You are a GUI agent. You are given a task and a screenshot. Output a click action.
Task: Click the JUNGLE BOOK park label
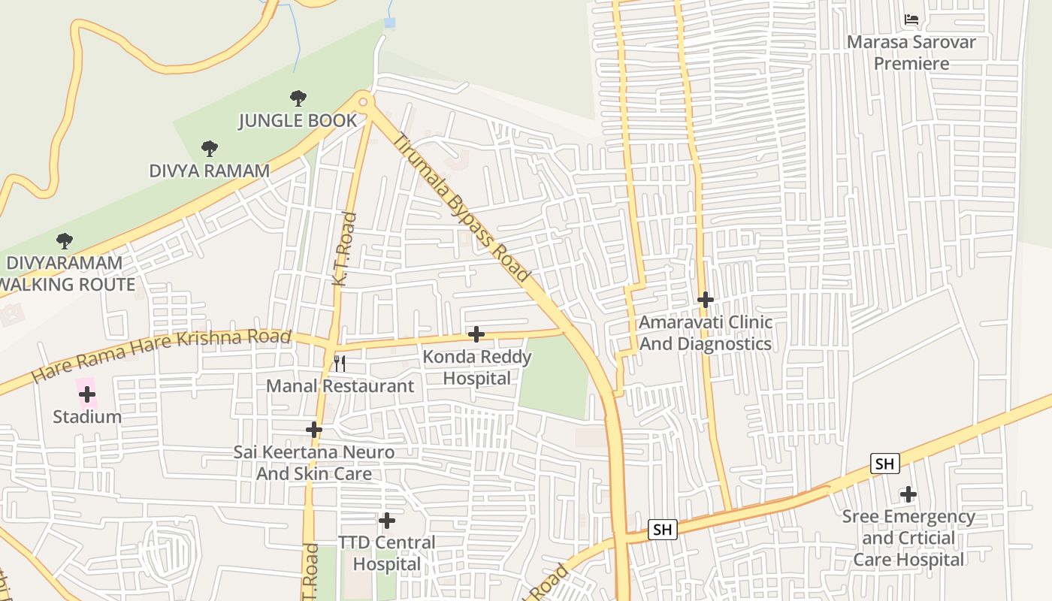pyautogui.click(x=298, y=121)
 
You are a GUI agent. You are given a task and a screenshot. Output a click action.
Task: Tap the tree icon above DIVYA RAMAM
pyautogui.click(x=209, y=149)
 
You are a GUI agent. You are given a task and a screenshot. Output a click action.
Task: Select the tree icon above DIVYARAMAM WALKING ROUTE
pyautogui.click(x=65, y=241)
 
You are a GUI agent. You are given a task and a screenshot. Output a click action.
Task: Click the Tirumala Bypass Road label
pyautogui.click(x=461, y=208)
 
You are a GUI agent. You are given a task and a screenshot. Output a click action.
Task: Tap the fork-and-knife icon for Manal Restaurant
pyautogui.click(x=340, y=364)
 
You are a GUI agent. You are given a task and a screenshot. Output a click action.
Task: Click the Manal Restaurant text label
pyautogui.click(x=340, y=386)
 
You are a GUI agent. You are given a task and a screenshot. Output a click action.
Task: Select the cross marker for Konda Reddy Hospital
pyautogui.click(x=476, y=334)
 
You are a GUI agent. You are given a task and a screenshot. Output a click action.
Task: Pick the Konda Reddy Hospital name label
pyautogui.click(x=477, y=367)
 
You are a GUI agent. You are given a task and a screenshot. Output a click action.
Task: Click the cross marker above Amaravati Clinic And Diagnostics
pyautogui.click(x=705, y=300)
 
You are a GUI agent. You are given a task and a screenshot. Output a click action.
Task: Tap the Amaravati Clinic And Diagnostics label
pyautogui.click(x=705, y=333)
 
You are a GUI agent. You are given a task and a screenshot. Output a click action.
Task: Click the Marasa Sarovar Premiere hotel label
pyautogui.click(x=911, y=53)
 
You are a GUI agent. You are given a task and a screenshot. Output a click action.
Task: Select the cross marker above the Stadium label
pyautogui.click(x=87, y=394)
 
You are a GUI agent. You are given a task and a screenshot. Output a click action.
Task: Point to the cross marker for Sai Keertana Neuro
pyautogui.click(x=314, y=430)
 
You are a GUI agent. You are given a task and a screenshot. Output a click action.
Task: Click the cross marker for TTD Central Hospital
pyautogui.click(x=387, y=520)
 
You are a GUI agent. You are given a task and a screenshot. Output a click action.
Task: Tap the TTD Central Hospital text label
pyautogui.click(x=387, y=553)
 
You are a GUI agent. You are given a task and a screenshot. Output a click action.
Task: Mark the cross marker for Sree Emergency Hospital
pyautogui.click(x=908, y=494)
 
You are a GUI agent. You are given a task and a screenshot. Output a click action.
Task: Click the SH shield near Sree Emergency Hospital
pyautogui.click(x=885, y=464)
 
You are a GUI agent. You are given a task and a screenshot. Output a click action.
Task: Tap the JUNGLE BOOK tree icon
pyautogui.click(x=298, y=98)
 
